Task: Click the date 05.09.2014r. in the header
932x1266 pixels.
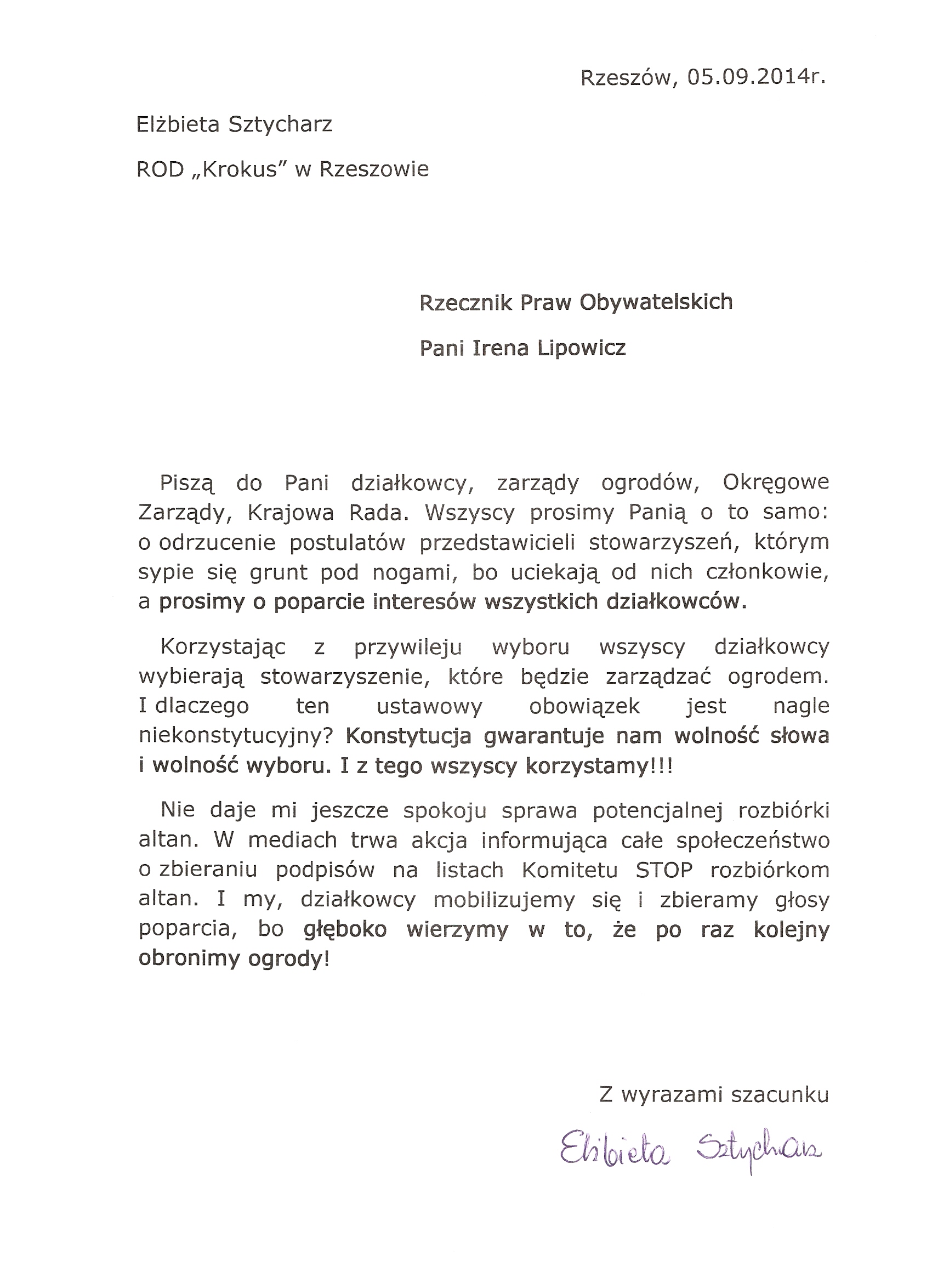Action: [x=756, y=78]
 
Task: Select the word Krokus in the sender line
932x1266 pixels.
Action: [x=240, y=169]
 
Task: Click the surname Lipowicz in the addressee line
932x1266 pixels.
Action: [x=582, y=348]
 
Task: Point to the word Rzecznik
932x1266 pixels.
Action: [x=466, y=303]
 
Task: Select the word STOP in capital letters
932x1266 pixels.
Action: [x=664, y=870]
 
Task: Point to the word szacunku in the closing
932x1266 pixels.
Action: [x=780, y=1095]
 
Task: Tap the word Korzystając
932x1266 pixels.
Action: [x=223, y=647]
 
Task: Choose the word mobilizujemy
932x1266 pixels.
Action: [x=504, y=899]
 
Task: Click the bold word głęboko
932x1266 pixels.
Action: [x=345, y=929]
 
